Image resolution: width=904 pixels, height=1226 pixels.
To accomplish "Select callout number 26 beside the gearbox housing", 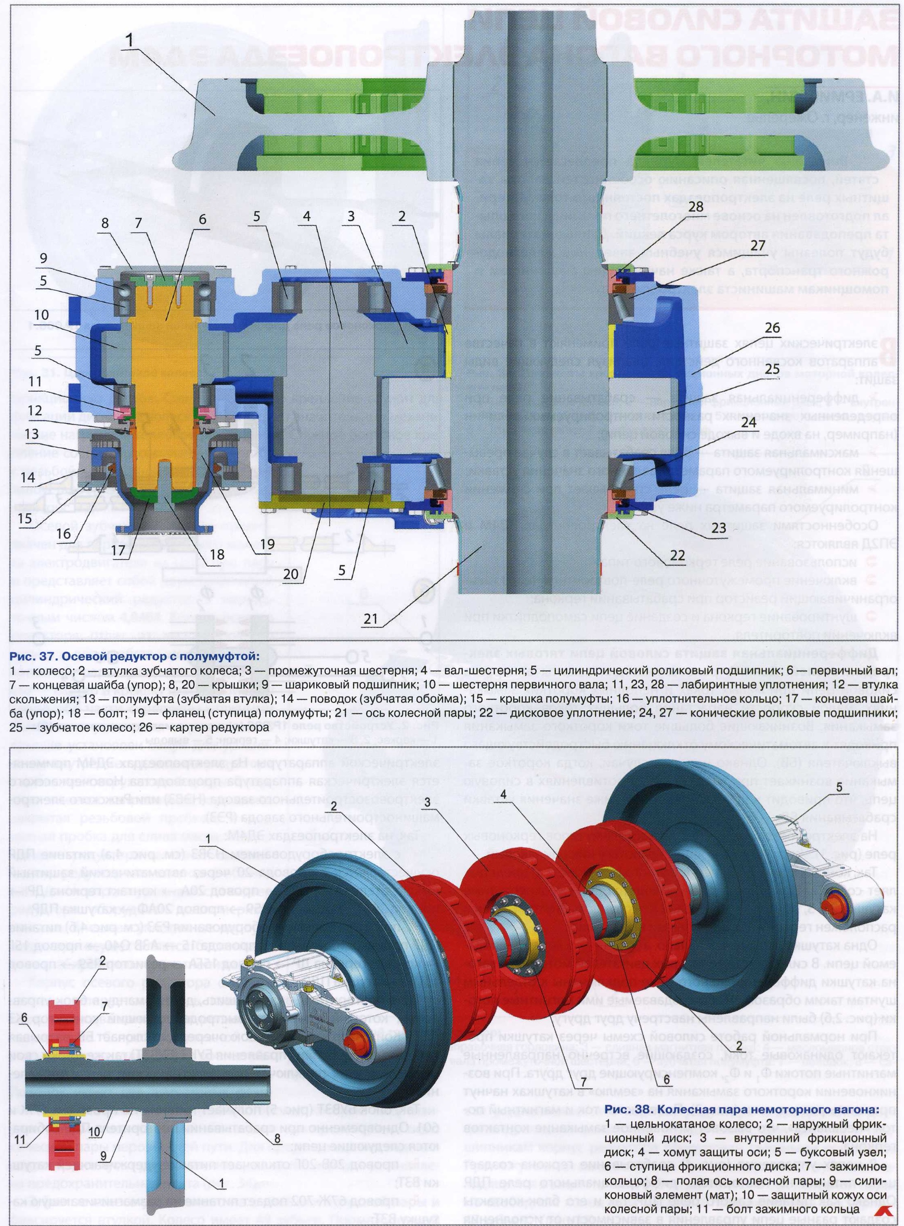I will pyautogui.click(x=772, y=328).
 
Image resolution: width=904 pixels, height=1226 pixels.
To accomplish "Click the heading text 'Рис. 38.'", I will pyautogui.click(x=627, y=1109).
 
